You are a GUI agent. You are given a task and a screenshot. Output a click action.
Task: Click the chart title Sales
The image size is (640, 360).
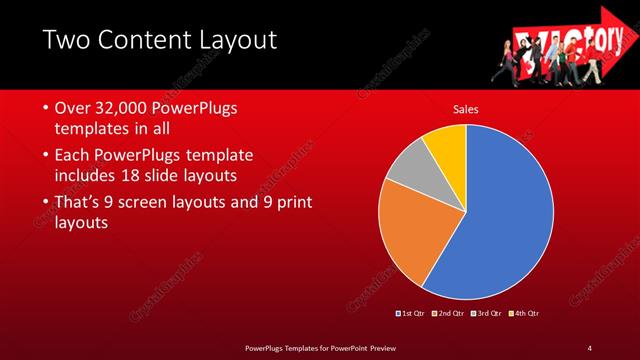pyautogui.click(x=466, y=108)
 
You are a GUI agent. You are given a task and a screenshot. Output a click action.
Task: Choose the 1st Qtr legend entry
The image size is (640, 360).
pyautogui.click(x=410, y=314)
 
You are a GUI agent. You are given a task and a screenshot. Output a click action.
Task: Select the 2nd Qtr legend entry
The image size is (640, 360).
pyautogui.click(x=449, y=314)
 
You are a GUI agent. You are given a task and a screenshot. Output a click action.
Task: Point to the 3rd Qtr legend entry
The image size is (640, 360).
pyautogui.click(x=487, y=314)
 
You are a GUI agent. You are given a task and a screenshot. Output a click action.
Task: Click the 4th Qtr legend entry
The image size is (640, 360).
pyautogui.click(x=525, y=314)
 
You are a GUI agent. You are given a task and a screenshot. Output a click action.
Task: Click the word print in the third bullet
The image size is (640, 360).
pyautogui.click(x=290, y=203)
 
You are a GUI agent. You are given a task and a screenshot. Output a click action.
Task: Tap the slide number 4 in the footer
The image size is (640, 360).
pyautogui.click(x=589, y=347)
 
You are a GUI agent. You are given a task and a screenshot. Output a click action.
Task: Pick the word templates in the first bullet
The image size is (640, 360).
pyautogui.click(x=96, y=128)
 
